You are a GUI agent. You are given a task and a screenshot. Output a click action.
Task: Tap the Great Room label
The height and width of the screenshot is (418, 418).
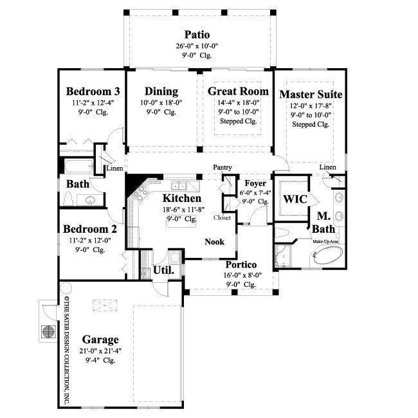coord(238,91)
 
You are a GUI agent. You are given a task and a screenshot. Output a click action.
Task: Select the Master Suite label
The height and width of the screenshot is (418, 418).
coord(311,95)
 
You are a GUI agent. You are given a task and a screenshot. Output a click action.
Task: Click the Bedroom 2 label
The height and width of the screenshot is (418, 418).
coord(89,229)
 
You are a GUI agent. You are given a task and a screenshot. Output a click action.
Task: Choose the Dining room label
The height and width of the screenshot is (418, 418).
coord(161,91)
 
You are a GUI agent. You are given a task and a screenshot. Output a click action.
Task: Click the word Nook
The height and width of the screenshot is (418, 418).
coord(214,242)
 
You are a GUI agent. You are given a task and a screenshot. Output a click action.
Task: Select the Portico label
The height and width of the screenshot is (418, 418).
coord(241,264)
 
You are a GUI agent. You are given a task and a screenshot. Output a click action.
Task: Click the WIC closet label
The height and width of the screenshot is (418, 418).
coord(295,199)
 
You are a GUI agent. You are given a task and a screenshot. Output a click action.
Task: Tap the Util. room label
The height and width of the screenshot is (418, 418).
coord(163,271)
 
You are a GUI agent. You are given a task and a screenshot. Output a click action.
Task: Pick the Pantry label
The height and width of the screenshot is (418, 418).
coord(223,167)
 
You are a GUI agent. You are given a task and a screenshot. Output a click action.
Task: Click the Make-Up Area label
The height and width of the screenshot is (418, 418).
coord(325,241)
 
